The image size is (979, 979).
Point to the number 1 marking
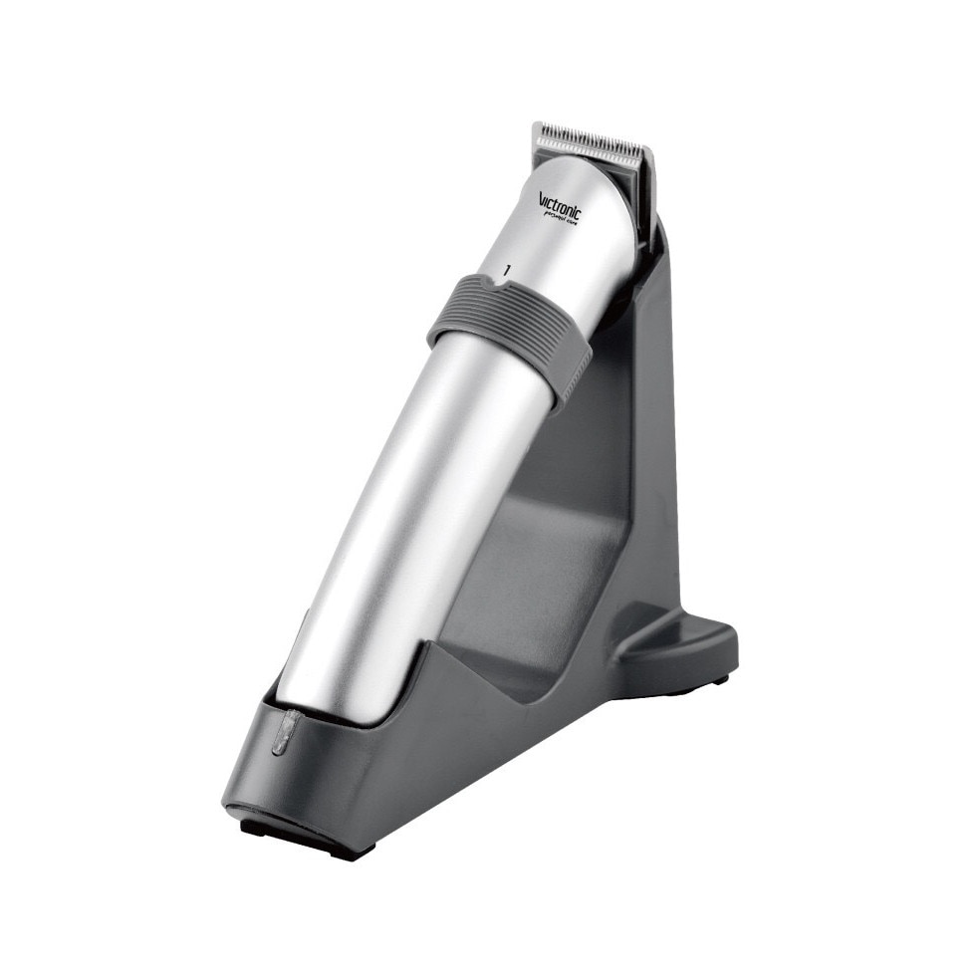click(x=508, y=269)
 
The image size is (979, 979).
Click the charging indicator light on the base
click(x=283, y=733)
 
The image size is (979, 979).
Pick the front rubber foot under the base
click(x=299, y=837)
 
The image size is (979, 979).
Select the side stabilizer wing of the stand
click(x=677, y=642)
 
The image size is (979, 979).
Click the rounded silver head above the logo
click(x=588, y=179)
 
